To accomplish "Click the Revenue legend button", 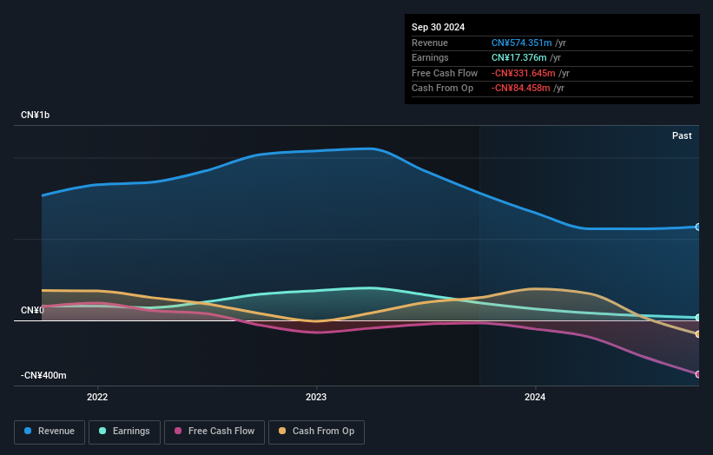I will coord(50,432).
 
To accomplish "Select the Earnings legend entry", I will coord(124,432).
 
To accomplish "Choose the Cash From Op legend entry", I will coord(316,432).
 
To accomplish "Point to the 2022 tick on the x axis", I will coord(97,398).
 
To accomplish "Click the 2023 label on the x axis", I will coord(316,398).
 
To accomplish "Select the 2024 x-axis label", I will coord(535,398).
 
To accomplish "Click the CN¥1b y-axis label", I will coord(36,115).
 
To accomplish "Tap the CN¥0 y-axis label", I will coord(32,310).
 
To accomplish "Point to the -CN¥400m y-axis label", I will coord(43,375).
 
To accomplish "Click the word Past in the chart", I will coord(682,135).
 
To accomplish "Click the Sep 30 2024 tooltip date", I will coord(438,27).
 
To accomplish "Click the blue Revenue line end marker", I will coord(698,227).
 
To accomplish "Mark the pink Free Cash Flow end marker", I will coord(698,374).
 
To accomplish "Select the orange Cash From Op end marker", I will coord(698,334).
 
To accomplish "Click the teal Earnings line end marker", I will coord(698,318).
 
